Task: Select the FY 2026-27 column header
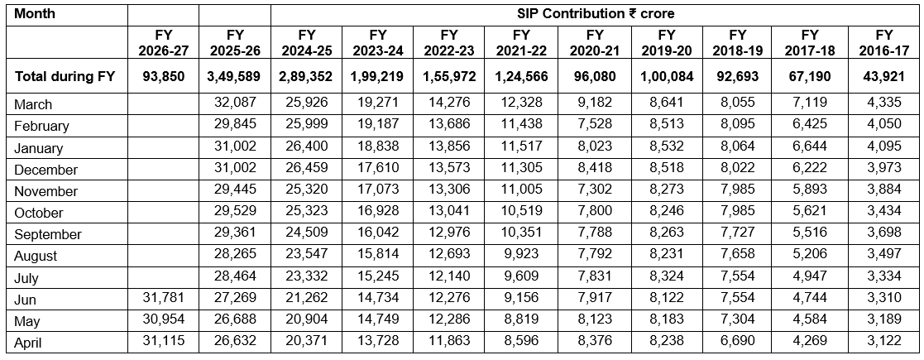[164, 42]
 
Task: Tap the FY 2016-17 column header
[884, 42]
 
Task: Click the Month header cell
[35, 13]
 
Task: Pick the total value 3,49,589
[235, 76]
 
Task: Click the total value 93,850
[164, 76]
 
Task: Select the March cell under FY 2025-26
[237, 103]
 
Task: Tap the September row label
[48, 234]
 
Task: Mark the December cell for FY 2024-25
[307, 168]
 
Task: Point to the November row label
[46, 191]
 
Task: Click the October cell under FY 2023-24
[380, 212]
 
